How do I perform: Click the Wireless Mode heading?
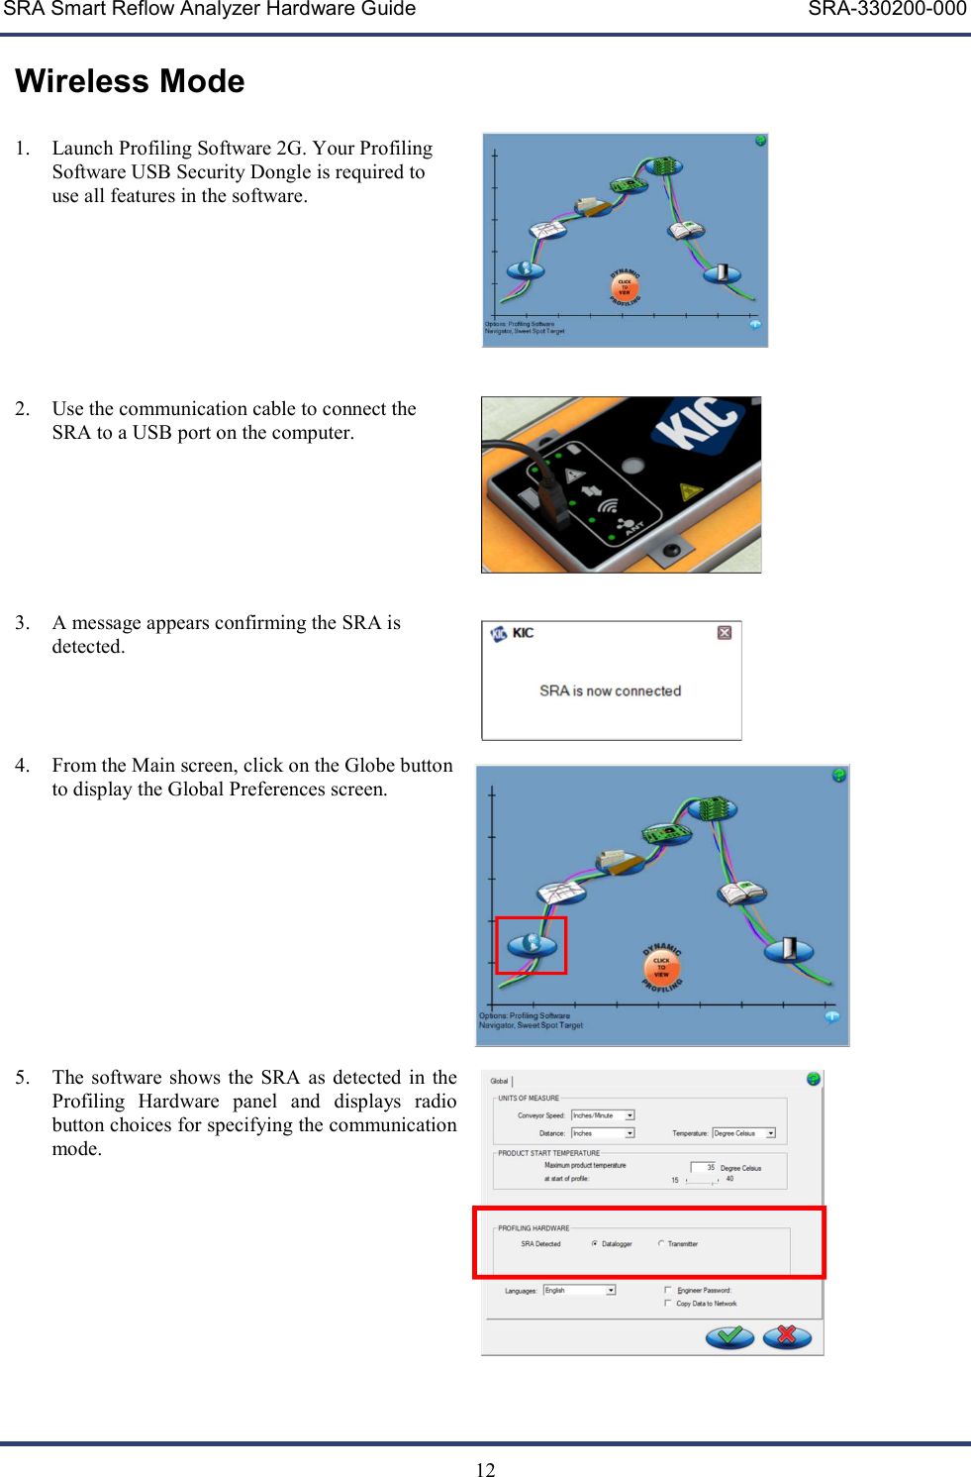click(x=130, y=81)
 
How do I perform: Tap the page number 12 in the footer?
click(x=485, y=1469)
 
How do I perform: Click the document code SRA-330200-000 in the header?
click(x=886, y=10)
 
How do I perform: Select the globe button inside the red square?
click(x=532, y=944)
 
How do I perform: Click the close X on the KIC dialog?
click(x=725, y=633)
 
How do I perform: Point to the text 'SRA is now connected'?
click(x=610, y=690)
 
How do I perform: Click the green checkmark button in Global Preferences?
click(x=729, y=1337)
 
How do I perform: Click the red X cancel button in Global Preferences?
click(x=787, y=1337)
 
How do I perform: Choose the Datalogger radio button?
click(x=594, y=1244)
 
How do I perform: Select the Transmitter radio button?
click(x=661, y=1244)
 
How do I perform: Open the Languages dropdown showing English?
click(x=611, y=1290)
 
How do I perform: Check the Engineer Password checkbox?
click(x=668, y=1290)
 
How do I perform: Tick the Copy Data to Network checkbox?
click(x=668, y=1304)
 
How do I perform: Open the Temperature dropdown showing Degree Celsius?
click(x=770, y=1133)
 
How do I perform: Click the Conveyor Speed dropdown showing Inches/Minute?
click(x=630, y=1115)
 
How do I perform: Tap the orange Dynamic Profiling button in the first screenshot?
click(x=625, y=287)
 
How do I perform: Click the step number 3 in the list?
click(x=22, y=623)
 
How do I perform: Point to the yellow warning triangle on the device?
click(x=691, y=490)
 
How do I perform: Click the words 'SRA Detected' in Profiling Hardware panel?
click(x=540, y=1244)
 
